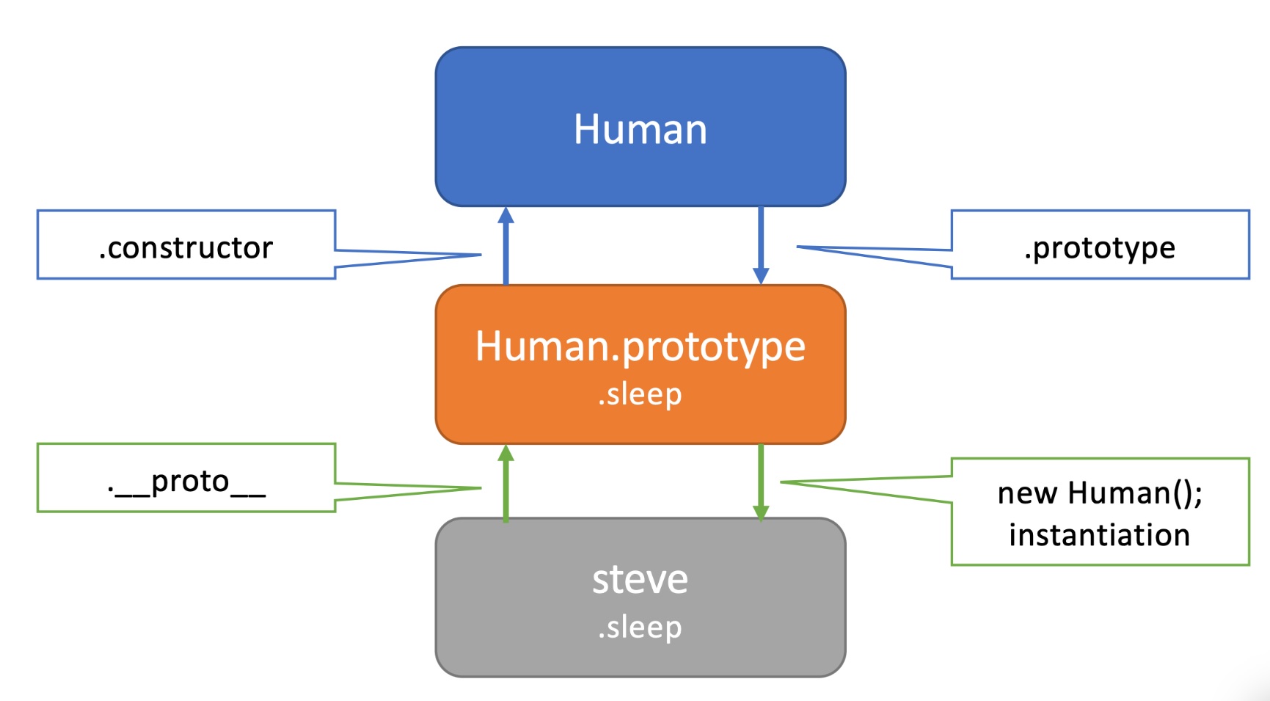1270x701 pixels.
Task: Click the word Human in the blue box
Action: coord(640,129)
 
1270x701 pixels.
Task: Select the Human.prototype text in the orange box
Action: coord(640,346)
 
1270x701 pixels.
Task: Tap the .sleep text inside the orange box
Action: coord(640,394)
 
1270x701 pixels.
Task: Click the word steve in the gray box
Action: coord(640,579)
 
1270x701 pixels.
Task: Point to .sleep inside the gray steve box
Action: coord(640,627)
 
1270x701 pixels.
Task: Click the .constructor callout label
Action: coord(186,247)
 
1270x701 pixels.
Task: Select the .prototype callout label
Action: coord(1099,247)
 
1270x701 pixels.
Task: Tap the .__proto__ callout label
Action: coord(186,482)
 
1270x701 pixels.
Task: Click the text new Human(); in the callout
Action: coord(1099,493)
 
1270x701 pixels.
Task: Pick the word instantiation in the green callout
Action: coord(1099,535)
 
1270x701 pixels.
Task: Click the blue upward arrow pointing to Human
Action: coord(506,250)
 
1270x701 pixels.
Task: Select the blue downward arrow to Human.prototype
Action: coord(761,242)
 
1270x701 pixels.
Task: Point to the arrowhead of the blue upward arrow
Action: coord(506,214)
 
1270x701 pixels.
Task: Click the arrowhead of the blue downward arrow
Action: coord(761,276)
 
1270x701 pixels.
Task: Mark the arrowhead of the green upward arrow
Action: coord(506,452)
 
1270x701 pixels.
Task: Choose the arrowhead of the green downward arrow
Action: coord(761,512)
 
